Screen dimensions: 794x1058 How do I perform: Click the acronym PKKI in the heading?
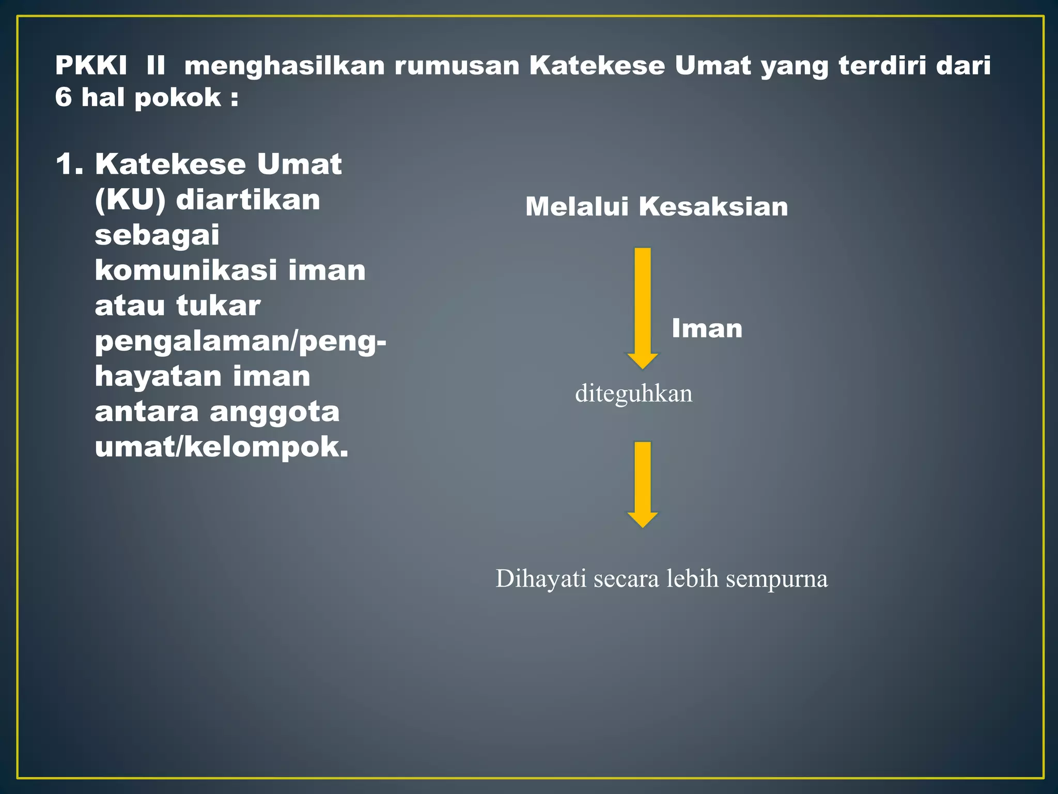click(x=91, y=66)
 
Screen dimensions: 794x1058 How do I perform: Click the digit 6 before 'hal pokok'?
click(x=64, y=97)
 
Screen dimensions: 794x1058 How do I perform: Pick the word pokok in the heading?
click(x=178, y=98)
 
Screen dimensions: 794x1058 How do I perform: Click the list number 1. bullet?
click(x=69, y=164)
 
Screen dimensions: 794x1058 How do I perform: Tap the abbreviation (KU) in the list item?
click(x=130, y=200)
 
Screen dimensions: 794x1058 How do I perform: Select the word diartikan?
click(x=248, y=200)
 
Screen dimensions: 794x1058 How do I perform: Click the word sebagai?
click(x=157, y=236)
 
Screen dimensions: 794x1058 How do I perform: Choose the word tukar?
click(x=218, y=306)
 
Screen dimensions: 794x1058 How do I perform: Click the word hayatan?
click(x=158, y=377)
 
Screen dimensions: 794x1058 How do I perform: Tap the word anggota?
click(x=274, y=412)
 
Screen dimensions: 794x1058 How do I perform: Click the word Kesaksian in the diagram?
click(x=713, y=207)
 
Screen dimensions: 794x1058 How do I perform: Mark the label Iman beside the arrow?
click(x=707, y=328)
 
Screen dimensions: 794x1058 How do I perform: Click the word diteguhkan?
click(x=633, y=394)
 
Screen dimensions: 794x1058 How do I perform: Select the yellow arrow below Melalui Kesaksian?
click(x=642, y=308)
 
